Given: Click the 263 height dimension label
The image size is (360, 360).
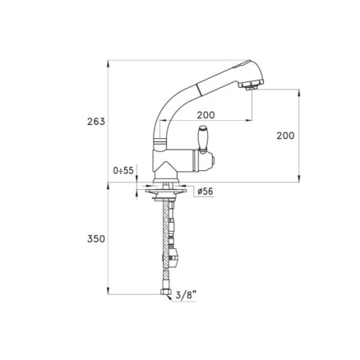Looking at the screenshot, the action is (96, 122).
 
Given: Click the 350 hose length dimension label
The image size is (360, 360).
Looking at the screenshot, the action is (96, 239).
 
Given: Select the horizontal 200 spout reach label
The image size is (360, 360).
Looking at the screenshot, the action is (206, 115).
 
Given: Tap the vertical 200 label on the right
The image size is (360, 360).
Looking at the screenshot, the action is (285, 136).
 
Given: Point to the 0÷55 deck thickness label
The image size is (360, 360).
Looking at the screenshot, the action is (123, 171).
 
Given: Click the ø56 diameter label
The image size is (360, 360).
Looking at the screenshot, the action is (205, 192).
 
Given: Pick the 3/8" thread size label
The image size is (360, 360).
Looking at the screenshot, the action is (186, 295).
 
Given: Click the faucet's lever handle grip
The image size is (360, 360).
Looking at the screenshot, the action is (203, 138).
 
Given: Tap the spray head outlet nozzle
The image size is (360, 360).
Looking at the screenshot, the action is (252, 86).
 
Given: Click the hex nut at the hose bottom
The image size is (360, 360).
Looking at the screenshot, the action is (166, 293).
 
